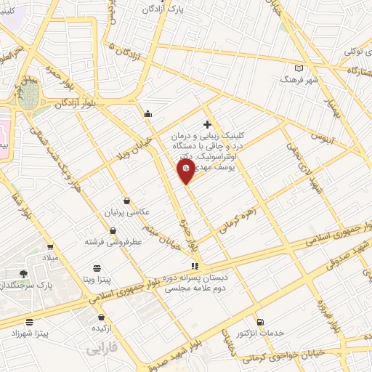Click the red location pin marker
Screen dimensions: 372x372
(x=186, y=171)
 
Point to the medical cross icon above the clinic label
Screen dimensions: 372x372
(x=208, y=125)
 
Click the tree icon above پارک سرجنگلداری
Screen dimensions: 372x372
(x=24, y=274)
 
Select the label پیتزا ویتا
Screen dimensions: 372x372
(x=95, y=279)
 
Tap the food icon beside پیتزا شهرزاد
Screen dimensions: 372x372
(x=30, y=322)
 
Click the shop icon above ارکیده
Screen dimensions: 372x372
(x=100, y=318)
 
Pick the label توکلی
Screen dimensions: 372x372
(x=358, y=52)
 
